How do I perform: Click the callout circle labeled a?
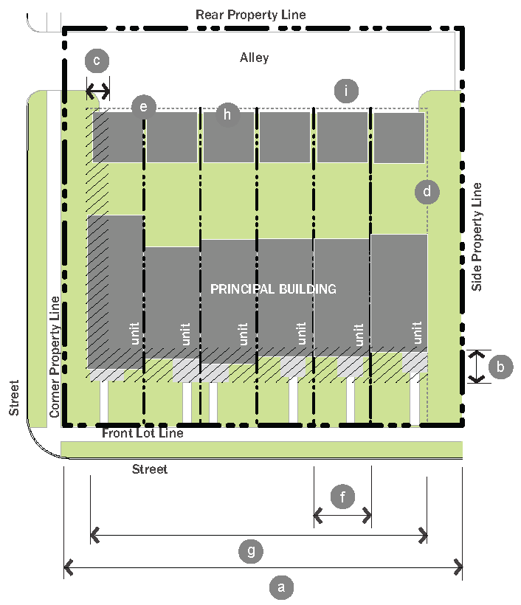pos(279,587)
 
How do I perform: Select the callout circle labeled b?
pos(501,366)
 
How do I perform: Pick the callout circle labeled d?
pos(427,192)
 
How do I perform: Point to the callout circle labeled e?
pos(143,107)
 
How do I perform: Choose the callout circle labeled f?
pos(342,497)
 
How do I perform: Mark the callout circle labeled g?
pos(251,550)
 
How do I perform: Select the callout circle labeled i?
pos(345,91)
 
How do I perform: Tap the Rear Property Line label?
pos(250,15)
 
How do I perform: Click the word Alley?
pos(255,58)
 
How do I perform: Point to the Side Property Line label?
pos(477,236)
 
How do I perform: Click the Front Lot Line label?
pos(142,433)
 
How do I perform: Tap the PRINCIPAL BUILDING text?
pos(273,288)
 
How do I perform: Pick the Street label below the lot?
pos(150,469)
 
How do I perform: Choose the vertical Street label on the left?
pos(14,398)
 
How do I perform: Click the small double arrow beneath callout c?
pos(98,91)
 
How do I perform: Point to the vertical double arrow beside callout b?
pos(477,367)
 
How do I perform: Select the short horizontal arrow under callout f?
pos(342,515)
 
